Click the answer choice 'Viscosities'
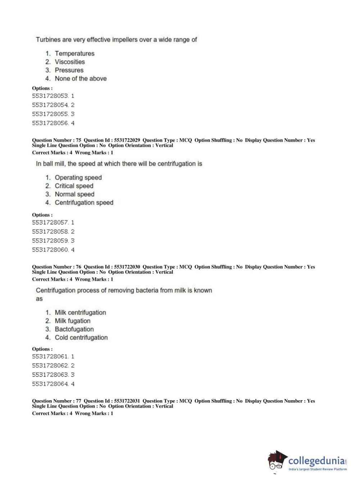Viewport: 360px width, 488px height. click(x=69, y=62)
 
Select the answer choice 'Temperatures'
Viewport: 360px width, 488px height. click(x=74, y=54)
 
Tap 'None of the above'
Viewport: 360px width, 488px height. click(x=81, y=78)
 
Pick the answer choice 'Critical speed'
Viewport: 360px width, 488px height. click(x=74, y=186)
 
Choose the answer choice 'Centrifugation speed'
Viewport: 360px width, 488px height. click(x=84, y=203)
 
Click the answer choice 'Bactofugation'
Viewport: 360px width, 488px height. click(x=74, y=329)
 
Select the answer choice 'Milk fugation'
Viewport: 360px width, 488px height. click(x=72, y=321)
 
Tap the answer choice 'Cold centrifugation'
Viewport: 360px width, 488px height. click(x=81, y=338)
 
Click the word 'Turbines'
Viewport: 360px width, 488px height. click(x=48, y=40)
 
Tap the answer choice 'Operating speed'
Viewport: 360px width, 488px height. click(x=78, y=178)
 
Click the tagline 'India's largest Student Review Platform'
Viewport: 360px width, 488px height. click(x=318, y=469)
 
